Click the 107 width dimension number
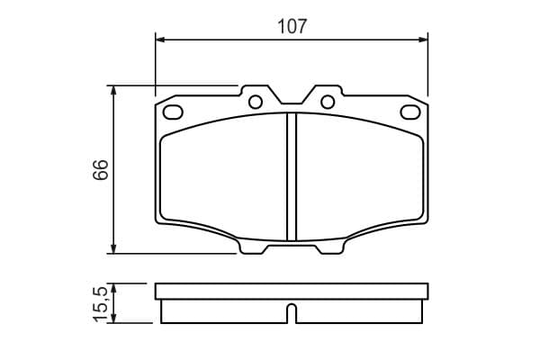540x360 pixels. click(292, 26)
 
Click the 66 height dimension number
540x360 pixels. click(101, 169)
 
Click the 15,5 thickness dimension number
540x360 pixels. click(101, 303)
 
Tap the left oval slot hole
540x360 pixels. click(173, 112)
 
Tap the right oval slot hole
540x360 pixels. click(410, 112)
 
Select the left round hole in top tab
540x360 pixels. click(256, 102)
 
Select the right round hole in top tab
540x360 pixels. click(328, 102)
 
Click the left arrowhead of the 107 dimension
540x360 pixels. click(161, 40)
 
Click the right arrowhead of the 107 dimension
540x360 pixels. click(423, 40)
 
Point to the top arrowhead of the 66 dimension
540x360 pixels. click(113, 91)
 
